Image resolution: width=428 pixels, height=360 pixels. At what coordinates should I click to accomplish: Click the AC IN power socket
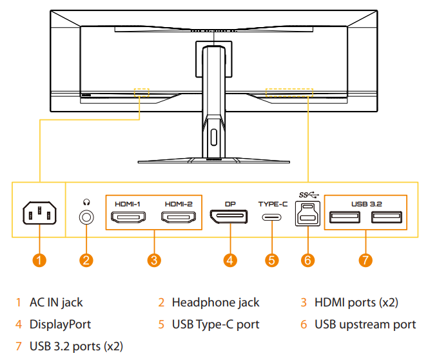pos(39,215)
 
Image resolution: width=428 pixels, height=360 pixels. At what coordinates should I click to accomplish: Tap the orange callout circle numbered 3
pos(153,260)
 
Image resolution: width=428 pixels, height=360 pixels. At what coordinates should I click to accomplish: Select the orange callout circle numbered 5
pos(272,260)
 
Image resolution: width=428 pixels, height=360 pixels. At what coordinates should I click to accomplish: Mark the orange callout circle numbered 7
pos(365,260)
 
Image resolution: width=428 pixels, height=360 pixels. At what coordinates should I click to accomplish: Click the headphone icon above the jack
pos(86,202)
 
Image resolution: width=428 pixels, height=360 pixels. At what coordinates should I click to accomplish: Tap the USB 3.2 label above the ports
pos(367,203)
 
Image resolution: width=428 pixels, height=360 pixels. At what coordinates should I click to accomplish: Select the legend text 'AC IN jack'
pos(56,302)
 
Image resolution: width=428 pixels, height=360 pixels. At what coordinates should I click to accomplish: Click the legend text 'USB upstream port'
pos(365,324)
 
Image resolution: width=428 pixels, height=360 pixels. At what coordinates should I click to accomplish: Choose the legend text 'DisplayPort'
pos(60,324)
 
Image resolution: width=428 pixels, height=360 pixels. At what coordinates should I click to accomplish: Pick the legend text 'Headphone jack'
pos(215,302)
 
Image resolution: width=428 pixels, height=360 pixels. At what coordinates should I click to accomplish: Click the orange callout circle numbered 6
pos(307,260)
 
